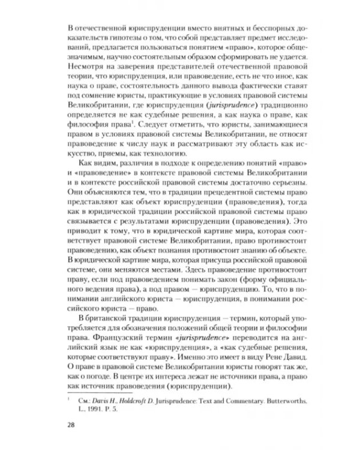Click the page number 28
click(x=71, y=426)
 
